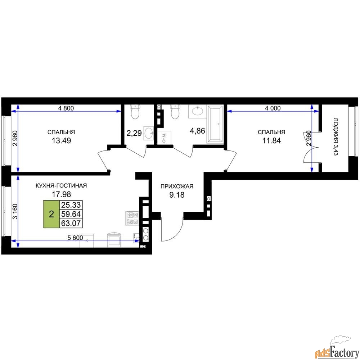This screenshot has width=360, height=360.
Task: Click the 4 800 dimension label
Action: [x=66, y=108]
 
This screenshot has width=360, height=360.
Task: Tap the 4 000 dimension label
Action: [x=273, y=108]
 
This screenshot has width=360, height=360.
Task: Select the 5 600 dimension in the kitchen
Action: [x=75, y=238]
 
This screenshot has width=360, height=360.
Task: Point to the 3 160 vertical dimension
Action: [x=15, y=212]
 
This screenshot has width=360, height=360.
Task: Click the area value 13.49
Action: [x=61, y=140]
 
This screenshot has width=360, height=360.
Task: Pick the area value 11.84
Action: [x=271, y=140]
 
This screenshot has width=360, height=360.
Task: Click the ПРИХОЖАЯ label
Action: [x=177, y=186]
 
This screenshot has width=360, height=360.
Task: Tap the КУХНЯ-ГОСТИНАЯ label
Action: [x=61, y=185]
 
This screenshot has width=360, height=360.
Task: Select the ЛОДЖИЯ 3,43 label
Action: [x=336, y=137]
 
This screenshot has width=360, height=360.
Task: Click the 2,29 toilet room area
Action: [x=134, y=133]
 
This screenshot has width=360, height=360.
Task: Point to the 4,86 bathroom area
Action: [x=197, y=131]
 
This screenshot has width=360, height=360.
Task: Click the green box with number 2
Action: [x=51, y=214]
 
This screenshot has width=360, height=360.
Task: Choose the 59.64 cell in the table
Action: [x=71, y=214]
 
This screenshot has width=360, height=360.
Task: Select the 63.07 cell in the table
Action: [x=71, y=223]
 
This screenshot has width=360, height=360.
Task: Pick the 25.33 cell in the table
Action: [x=71, y=205]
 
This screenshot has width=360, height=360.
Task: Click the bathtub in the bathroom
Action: [x=215, y=125]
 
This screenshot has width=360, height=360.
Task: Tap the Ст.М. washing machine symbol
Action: [x=164, y=138]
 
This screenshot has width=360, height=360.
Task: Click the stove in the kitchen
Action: [x=132, y=218]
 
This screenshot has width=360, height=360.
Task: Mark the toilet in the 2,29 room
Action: [x=135, y=112]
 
